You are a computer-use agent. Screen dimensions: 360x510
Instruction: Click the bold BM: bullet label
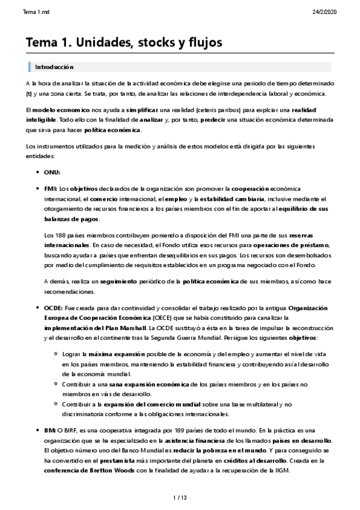(x=50, y=430)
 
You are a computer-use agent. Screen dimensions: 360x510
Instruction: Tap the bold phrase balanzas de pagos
(x=72, y=220)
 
